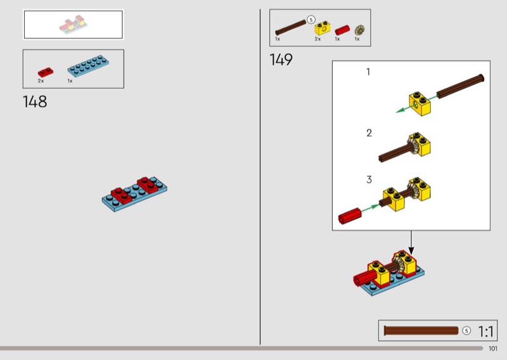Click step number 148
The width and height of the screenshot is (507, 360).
pyautogui.click(x=35, y=101)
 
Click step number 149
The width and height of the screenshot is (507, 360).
pyautogui.click(x=281, y=60)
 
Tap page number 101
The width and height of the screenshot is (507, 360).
pyautogui.click(x=493, y=349)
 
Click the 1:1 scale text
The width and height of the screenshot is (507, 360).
pyautogui.click(x=485, y=331)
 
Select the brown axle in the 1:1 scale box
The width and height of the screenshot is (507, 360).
pyautogui.click(x=421, y=331)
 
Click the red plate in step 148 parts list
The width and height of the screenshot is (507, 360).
pyautogui.click(x=46, y=72)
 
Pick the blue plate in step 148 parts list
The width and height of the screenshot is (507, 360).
pyautogui.click(x=88, y=66)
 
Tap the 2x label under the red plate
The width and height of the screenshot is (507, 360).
pyautogui.click(x=41, y=81)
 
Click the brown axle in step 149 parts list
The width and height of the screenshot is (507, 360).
pyautogui.click(x=290, y=27)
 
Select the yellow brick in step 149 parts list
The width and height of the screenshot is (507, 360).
pyautogui.click(x=323, y=29)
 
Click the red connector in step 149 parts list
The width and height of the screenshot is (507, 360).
pyautogui.click(x=342, y=30)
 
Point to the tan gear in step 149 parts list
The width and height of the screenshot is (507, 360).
pyautogui.click(x=359, y=30)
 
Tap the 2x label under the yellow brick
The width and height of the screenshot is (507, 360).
pyautogui.click(x=318, y=39)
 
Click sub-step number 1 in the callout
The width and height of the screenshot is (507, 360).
pyautogui.click(x=368, y=72)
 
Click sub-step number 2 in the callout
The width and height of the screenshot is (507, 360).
pyautogui.click(x=369, y=133)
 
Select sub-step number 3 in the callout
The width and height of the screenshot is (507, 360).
pyautogui.click(x=369, y=179)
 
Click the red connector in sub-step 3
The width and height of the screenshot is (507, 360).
pyautogui.click(x=350, y=215)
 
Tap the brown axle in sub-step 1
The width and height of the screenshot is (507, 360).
pyautogui.click(x=461, y=86)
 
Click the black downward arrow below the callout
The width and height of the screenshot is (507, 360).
pyautogui.click(x=411, y=242)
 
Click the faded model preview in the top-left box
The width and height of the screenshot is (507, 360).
pyautogui.click(x=74, y=24)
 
